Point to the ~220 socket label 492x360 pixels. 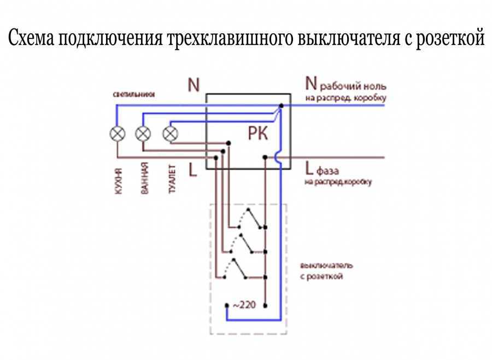pyautogui.click(x=244, y=304)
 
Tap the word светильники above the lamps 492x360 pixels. pyautogui.click(x=134, y=94)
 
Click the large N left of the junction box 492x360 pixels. pyautogui.click(x=194, y=85)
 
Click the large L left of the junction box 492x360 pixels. pyautogui.click(x=192, y=170)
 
